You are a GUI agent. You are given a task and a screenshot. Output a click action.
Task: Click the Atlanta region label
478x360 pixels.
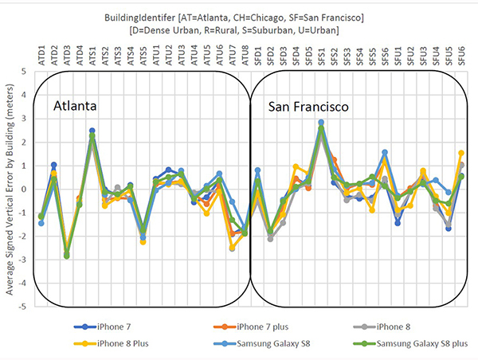click(76, 107)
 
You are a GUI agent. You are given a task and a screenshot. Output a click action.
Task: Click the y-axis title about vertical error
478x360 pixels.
click(10, 189)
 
